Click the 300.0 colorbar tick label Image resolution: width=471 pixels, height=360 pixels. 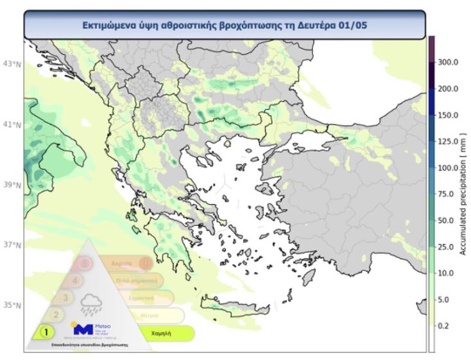coord(447,63)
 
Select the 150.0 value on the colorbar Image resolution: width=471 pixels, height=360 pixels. coord(447,116)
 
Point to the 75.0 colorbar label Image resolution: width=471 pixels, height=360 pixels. coord(446,194)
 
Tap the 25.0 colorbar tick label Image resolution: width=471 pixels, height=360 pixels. coord(446,247)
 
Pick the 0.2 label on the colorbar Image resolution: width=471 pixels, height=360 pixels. coord(443,326)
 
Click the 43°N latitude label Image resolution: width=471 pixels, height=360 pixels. coord(12,64)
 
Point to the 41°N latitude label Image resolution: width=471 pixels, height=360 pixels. coord(12,124)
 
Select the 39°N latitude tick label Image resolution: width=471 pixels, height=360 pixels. coord(12,185)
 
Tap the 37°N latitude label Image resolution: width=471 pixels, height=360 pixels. coord(12,245)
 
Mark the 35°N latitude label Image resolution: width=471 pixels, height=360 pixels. coord(12,305)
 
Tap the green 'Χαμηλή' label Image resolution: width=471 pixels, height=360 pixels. coord(160,334)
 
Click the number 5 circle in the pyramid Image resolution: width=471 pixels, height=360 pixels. coord(84,262)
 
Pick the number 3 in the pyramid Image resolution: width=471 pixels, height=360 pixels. coord(65,297)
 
